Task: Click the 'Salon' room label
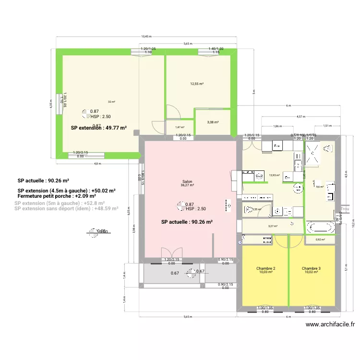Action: [187, 181]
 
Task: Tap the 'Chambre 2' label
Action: [265, 268]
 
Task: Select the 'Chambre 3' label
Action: [311, 268]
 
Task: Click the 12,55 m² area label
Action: [197, 84]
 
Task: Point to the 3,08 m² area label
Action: [213, 122]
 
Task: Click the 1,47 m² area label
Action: [180, 127]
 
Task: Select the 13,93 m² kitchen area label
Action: [275, 175]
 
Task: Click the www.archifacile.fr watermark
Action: [330, 324]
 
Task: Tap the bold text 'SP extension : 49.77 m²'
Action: [98, 128]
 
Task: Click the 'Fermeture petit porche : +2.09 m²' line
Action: [56, 196]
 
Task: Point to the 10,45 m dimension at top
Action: [146, 36]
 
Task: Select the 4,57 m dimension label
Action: [300, 116]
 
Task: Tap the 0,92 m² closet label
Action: [320, 240]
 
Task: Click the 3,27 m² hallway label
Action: [273, 226]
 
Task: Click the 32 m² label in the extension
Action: [111, 102]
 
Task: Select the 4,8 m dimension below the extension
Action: [97, 164]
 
